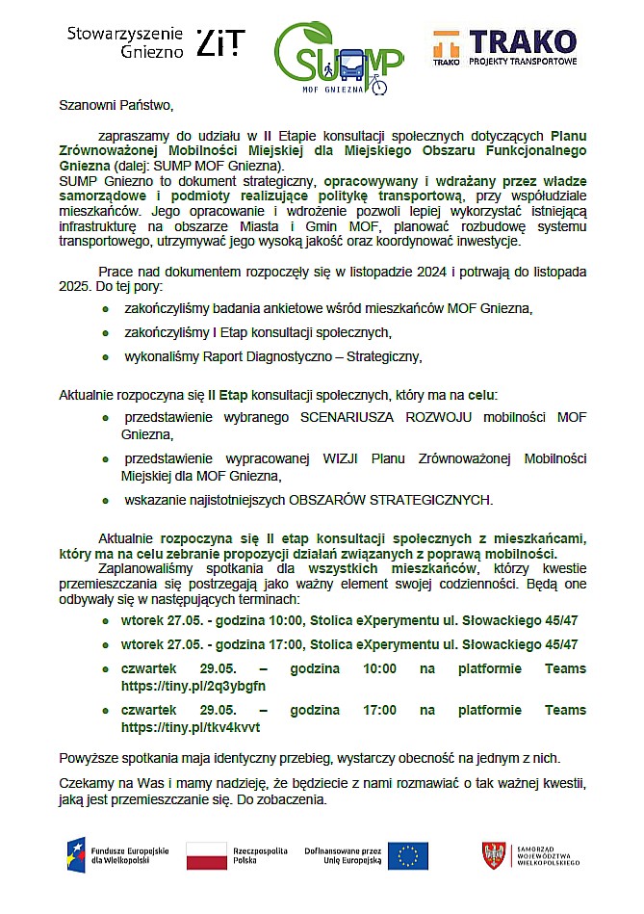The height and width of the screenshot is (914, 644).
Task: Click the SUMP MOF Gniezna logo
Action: click(x=338, y=58)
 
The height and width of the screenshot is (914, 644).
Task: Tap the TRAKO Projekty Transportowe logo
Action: click(x=504, y=47)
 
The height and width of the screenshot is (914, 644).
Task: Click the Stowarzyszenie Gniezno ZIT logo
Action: click(x=155, y=42)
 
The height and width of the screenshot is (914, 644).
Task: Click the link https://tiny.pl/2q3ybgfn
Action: click(x=193, y=686)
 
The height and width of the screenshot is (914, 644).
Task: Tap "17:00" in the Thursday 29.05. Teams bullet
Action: click(x=378, y=711)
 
